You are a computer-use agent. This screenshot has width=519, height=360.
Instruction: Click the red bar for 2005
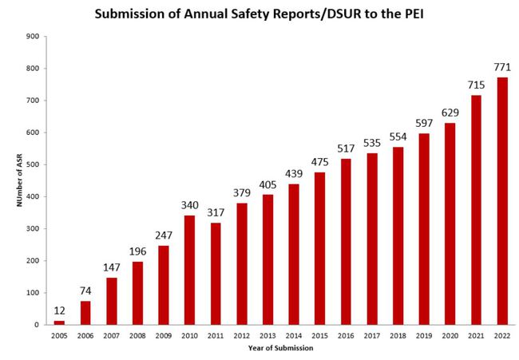point(59,322)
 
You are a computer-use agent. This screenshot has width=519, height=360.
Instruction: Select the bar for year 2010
point(189,270)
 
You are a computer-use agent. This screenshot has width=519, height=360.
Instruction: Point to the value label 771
point(501,66)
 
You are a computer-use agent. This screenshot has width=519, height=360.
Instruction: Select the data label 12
point(59,310)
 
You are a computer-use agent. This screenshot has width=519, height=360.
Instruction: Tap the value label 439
point(293,172)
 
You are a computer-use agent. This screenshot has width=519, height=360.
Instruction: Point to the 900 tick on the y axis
point(33,37)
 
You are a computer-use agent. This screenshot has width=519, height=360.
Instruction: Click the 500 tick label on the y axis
point(33,164)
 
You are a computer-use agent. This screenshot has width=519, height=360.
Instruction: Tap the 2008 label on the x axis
point(137,336)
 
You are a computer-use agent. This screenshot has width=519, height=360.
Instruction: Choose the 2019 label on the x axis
point(423,336)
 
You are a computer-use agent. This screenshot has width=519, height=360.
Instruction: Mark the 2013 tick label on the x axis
point(267,336)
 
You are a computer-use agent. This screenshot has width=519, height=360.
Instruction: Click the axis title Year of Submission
point(281,348)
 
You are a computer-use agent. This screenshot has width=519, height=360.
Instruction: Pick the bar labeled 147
point(111,301)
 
